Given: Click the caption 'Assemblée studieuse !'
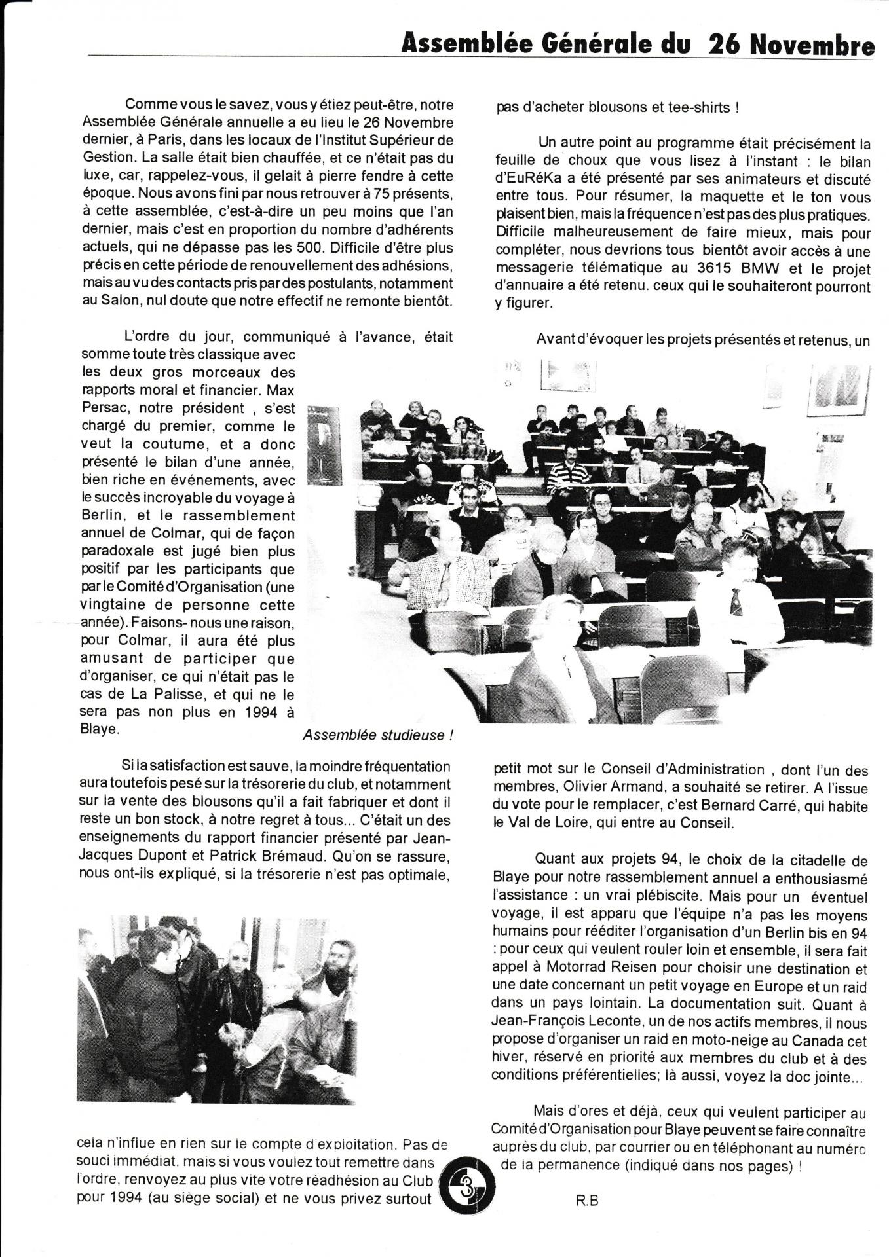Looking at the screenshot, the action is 378,735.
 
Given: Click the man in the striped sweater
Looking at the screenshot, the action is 568,477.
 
